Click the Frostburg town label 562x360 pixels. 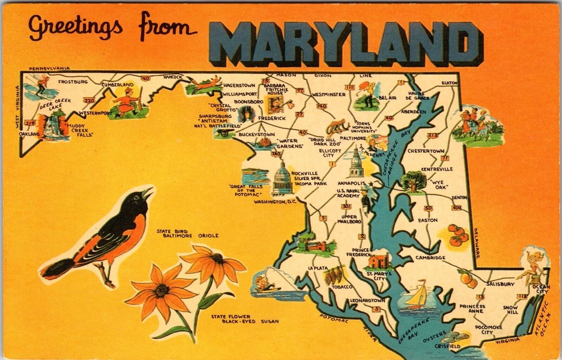[x=73, y=81]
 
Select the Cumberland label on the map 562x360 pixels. [x=117, y=85]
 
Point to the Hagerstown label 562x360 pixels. [x=239, y=85]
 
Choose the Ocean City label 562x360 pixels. [x=541, y=289]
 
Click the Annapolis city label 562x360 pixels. [x=352, y=183]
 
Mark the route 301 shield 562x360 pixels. [x=346, y=207]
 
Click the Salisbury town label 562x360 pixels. [x=500, y=284]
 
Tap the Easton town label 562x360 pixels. [x=428, y=220]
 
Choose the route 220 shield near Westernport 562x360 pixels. [x=89, y=101]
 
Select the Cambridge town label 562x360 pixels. [x=430, y=258]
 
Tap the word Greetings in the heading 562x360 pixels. [x=75, y=27]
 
